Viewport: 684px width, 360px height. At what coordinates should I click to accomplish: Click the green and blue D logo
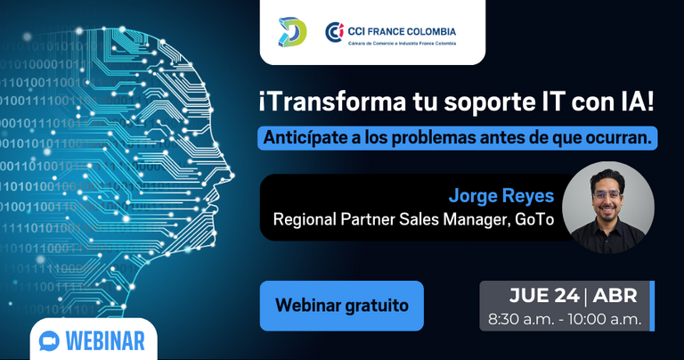[293, 32]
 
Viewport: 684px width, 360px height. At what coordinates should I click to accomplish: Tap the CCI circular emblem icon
[335, 32]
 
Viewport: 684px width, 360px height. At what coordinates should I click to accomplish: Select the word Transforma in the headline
[332, 102]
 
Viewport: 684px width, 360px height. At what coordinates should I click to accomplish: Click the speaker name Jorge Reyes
[501, 196]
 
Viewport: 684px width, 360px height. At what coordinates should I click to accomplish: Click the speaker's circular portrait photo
[608, 208]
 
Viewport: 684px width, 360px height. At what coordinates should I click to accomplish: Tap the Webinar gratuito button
[342, 306]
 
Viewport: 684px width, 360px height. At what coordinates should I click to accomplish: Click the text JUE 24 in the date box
[544, 296]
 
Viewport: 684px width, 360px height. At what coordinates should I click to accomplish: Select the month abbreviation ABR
[615, 296]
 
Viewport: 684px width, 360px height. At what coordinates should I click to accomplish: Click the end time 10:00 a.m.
[605, 319]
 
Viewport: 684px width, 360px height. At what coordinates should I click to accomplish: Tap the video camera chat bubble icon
[49, 340]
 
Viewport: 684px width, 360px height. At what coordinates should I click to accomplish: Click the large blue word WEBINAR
[105, 340]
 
